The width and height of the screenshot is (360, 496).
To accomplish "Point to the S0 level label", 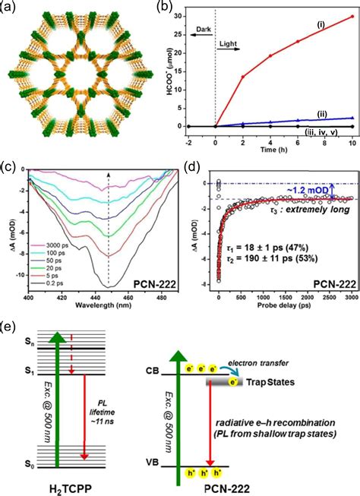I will click(x=27, y=463).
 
